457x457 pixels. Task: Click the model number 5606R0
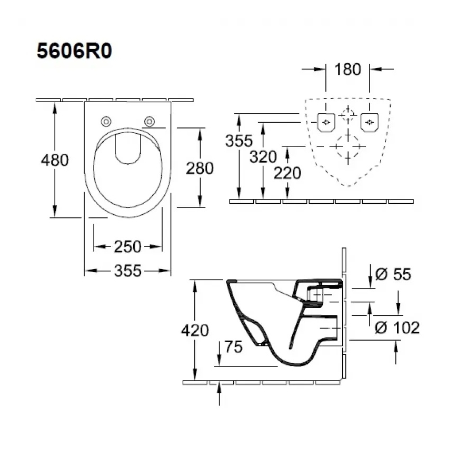[74, 53]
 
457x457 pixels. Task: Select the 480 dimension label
[55, 160]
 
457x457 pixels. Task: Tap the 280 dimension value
[200, 168]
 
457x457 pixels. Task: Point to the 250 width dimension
[128, 246]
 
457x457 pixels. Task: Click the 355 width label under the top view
[128, 271]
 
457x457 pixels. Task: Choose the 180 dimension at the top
[347, 69]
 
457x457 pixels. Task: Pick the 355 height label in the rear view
[239, 141]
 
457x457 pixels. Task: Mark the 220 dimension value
[287, 172]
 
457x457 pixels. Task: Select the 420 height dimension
[195, 330]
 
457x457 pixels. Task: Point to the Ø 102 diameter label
[398, 327]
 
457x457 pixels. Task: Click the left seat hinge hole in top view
[106, 122]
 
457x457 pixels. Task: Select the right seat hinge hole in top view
[150, 122]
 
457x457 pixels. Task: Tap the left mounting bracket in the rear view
[325, 122]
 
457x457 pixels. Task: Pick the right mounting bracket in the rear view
[370, 122]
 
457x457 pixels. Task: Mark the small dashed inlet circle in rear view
[347, 114]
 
